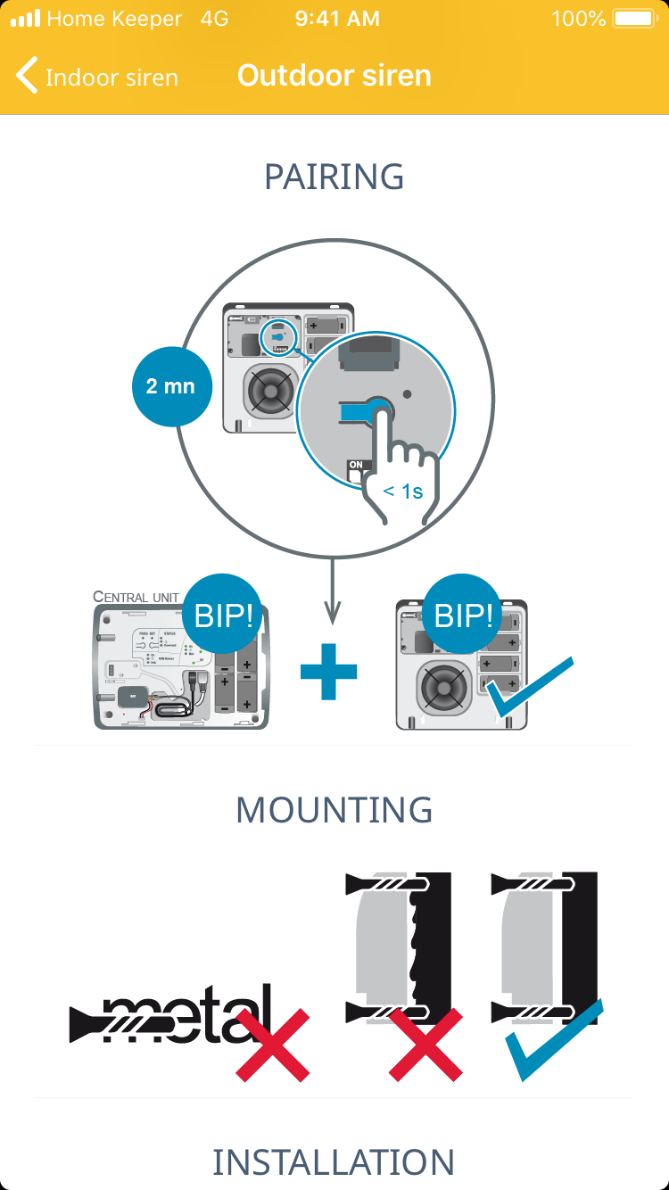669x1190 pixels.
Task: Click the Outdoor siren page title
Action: point(334,76)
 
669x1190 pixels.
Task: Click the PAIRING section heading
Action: point(334,177)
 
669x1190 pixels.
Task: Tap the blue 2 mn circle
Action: point(170,387)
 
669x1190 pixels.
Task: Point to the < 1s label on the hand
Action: point(403,491)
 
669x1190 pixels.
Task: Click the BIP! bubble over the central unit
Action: point(223,616)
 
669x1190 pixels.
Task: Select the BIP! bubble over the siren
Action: point(463,616)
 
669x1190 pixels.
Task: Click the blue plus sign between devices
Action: point(328,671)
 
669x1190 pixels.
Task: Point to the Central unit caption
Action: point(136,597)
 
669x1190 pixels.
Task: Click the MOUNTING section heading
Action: point(334,810)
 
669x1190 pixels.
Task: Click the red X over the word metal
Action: point(273,1044)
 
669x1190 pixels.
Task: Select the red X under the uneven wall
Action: point(425,1044)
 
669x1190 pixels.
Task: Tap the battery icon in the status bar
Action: point(634,19)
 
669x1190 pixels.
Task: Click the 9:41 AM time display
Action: point(337,19)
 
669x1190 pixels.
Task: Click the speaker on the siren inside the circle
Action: point(268,390)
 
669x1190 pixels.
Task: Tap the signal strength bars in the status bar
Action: point(25,19)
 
